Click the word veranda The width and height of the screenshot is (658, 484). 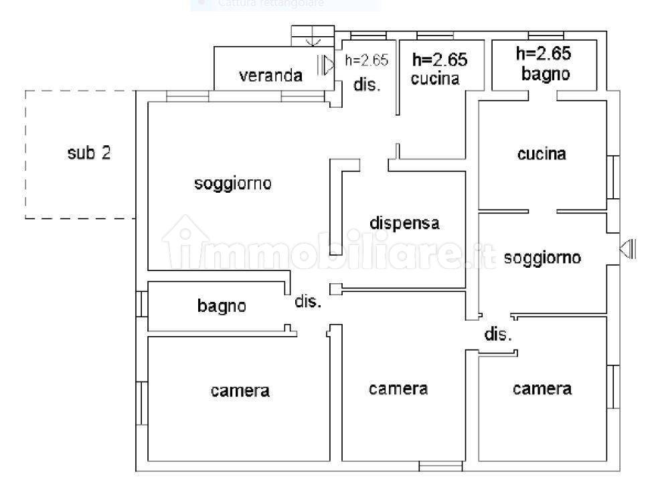pos(270,76)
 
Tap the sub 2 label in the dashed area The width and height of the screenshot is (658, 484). pos(89,153)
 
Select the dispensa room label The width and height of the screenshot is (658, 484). pos(404,222)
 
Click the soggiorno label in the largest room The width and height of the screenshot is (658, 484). pos(233,183)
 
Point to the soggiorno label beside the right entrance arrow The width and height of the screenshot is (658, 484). pos(542,257)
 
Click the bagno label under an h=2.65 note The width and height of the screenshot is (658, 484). pos(546,74)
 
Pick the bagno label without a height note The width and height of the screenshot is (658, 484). pos(222,305)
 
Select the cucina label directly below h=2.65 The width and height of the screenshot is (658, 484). pos(435,78)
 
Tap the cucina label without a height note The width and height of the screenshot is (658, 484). pos(542,154)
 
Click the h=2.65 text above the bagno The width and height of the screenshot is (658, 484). pos(544,54)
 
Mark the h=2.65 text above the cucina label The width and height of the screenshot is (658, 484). pos(440,60)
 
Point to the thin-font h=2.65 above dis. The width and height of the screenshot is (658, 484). pos(367,60)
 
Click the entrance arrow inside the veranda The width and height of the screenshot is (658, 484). pos(325,65)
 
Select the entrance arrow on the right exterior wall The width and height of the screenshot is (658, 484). pos(628,248)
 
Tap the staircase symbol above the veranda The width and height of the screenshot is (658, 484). pos(313,35)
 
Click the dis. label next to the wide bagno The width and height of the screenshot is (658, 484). pos(308,301)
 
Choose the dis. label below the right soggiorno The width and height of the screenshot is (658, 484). pos(498,334)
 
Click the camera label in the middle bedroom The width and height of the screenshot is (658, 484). pos(398,389)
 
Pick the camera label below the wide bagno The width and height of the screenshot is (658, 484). pos(240,391)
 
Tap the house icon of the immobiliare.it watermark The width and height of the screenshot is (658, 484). pos(185,242)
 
